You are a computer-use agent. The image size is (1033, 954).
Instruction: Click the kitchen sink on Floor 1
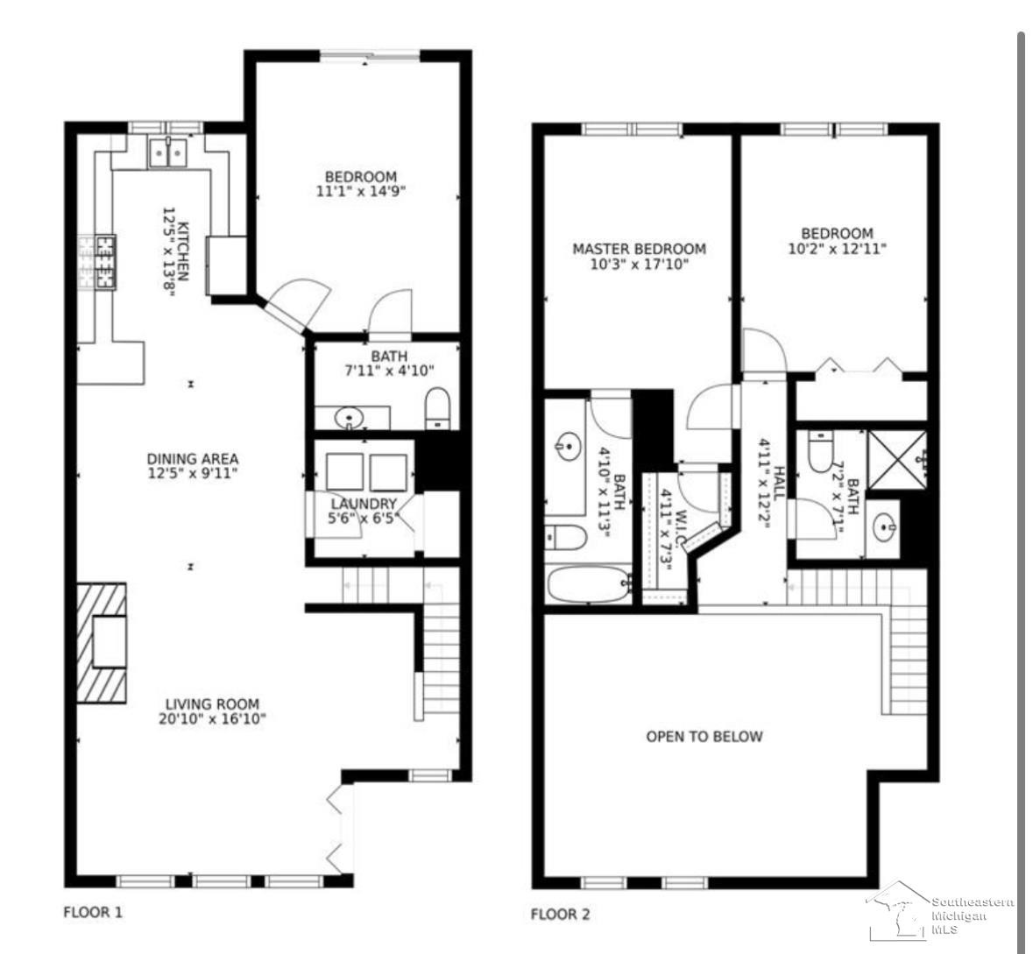pyautogui.click(x=167, y=152)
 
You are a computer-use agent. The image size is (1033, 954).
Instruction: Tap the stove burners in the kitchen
pyautogui.click(x=105, y=262)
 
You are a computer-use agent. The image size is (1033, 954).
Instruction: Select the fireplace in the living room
pyautogui.click(x=102, y=643)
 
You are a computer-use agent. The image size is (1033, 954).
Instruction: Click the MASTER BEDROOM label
pyautogui.click(x=639, y=249)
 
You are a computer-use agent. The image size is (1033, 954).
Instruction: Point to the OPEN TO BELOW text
pyautogui.click(x=704, y=737)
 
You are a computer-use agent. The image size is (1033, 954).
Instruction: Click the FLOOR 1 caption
pyautogui.click(x=93, y=913)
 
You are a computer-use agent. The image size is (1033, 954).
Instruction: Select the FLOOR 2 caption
pyautogui.click(x=561, y=914)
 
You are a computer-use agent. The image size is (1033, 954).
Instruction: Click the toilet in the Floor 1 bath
pyautogui.click(x=437, y=408)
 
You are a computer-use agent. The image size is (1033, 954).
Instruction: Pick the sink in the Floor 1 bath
pyautogui.click(x=349, y=418)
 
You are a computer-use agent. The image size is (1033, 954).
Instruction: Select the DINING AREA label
pyautogui.click(x=193, y=458)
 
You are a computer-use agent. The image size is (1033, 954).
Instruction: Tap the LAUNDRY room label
pyautogui.click(x=364, y=504)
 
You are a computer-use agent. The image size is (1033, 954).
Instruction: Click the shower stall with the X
pyautogui.click(x=896, y=459)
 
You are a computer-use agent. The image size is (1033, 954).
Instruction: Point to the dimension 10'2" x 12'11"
pyautogui.click(x=838, y=249)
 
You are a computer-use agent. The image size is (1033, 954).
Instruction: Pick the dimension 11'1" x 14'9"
pyautogui.click(x=360, y=192)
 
